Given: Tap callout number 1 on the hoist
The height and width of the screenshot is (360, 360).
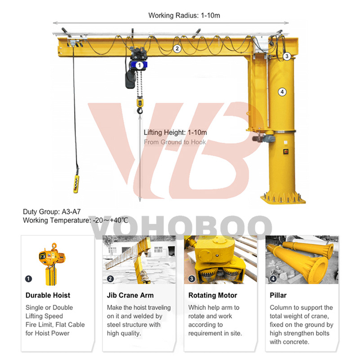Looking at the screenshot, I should (x=139, y=65).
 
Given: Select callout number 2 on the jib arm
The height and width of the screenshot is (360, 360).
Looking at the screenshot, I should (x=177, y=48).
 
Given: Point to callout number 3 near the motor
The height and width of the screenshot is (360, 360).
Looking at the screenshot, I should (x=286, y=56).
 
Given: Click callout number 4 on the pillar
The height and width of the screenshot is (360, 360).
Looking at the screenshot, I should (x=282, y=92).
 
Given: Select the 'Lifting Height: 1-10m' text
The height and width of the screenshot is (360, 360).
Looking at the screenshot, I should (x=175, y=133).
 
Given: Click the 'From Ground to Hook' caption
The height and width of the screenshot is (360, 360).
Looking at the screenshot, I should (x=175, y=142).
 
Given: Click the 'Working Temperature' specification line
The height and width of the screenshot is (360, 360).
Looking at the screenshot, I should (x=75, y=220).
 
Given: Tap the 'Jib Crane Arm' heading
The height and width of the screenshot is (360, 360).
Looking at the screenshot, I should (x=130, y=295).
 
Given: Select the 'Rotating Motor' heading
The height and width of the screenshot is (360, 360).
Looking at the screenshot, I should (x=213, y=295).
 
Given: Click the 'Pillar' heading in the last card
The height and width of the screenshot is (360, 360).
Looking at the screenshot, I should (x=278, y=295).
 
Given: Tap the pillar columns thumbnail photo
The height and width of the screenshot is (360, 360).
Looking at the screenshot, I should (x=302, y=260).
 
